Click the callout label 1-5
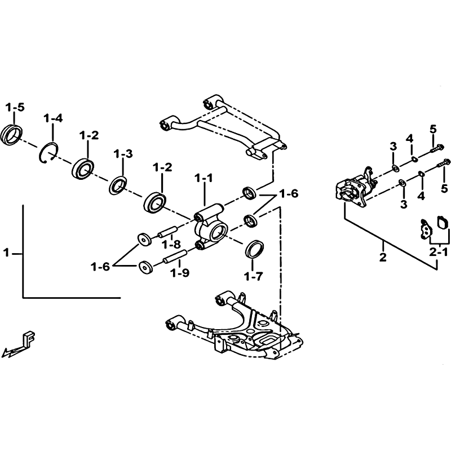[15, 108]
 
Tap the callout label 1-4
[53, 118]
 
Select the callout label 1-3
[123, 154]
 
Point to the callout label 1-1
[204, 178]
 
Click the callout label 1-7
[253, 276]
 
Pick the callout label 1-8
[171, 245]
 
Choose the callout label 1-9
[180, 272]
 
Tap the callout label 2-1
[439, 252]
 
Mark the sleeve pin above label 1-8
[167, 232]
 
